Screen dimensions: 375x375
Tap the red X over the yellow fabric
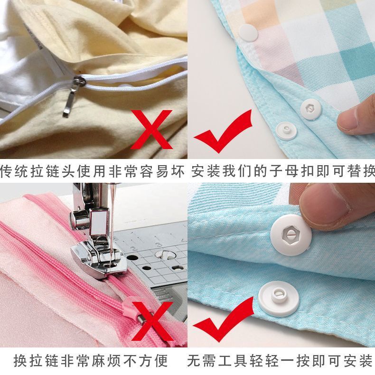click(151, 130)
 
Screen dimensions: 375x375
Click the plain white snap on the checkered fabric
click(248, 33)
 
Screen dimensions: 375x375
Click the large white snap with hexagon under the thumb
click(291, 235)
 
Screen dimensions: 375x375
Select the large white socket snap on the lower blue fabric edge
click(279, 297)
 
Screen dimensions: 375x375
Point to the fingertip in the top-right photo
click(354, 120)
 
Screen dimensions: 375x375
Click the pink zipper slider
click(136, 311)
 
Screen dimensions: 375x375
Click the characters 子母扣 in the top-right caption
click(298, 171)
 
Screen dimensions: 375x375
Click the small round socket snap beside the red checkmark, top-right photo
click(286, 131)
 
